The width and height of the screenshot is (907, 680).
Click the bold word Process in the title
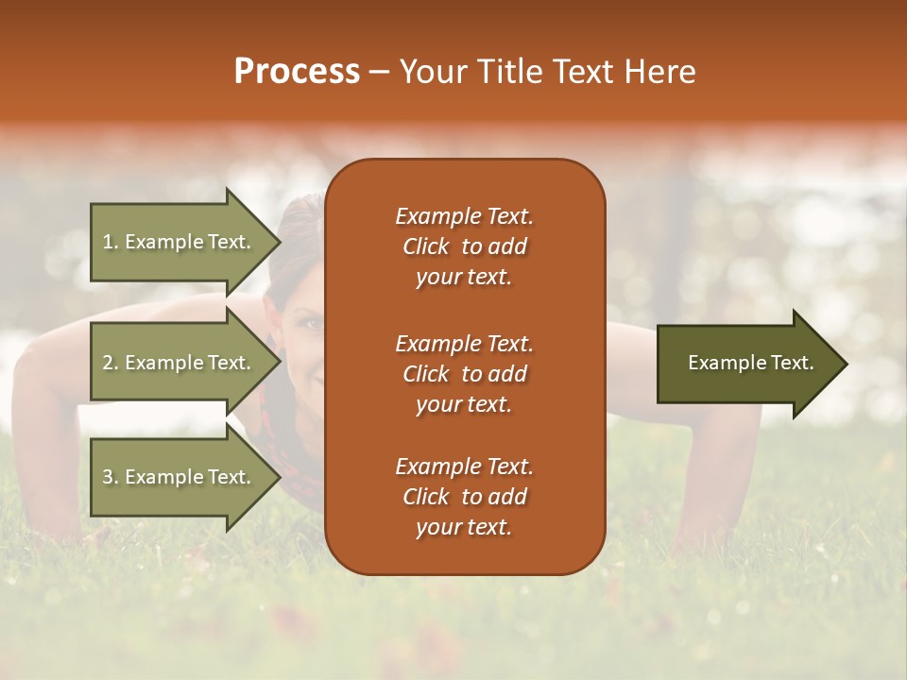297,72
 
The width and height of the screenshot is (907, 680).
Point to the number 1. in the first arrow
111,242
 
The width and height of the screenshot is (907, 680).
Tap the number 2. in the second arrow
111,363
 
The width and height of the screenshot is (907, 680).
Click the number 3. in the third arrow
111,477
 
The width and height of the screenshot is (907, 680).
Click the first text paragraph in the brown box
464,246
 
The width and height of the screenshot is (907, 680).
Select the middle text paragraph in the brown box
464,374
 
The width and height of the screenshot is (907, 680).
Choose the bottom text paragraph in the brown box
464,497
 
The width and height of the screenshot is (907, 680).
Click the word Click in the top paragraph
425,246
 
